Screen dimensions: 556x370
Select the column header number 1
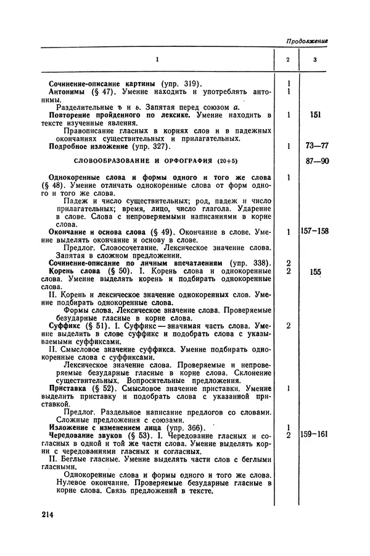(x=157, y=59)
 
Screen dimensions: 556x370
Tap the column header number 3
(x=315, y=59)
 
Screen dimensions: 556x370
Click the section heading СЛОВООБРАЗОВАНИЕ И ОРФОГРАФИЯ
(x=141, y=162)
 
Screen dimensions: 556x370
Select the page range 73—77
(x=315, y=146)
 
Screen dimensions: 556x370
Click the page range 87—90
(x=315, y=162)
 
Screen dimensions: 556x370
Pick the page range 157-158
(x=315, y=231)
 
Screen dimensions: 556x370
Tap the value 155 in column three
(x=315, y=271)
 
